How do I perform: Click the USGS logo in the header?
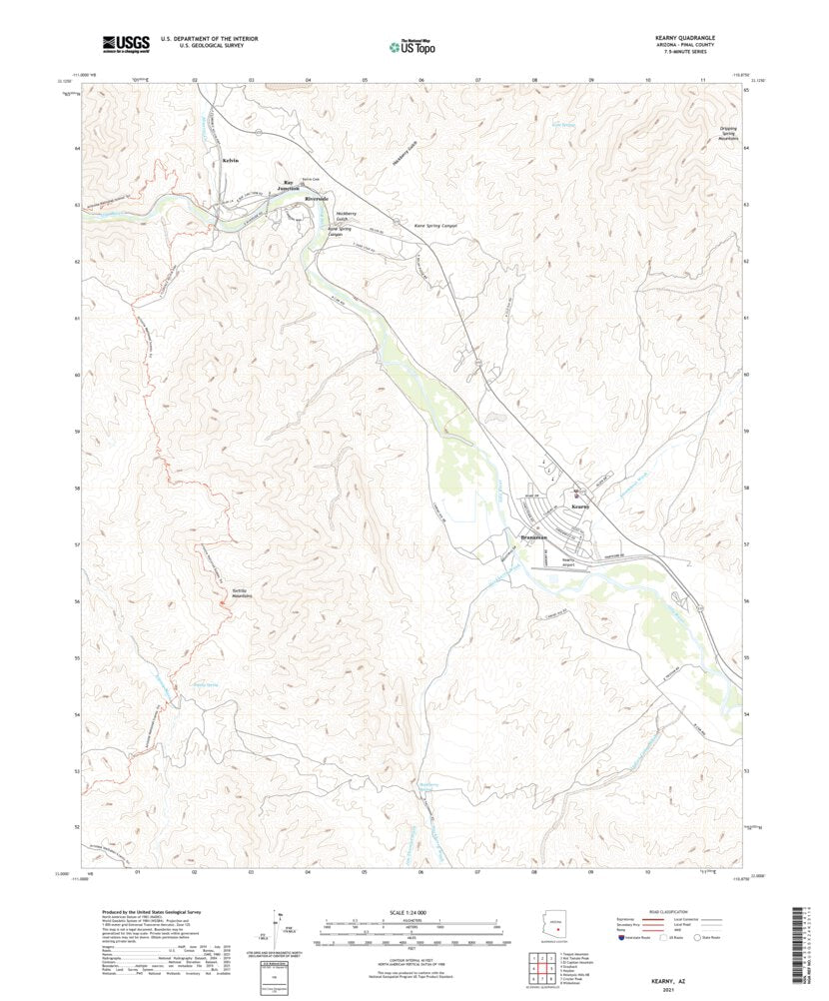[x=125, y=43]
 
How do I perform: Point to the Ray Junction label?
[x=290, y=185]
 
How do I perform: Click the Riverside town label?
[x=319, y=198]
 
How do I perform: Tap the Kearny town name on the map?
[x=582, y=506]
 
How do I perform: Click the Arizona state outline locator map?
[x=555, y=927]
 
